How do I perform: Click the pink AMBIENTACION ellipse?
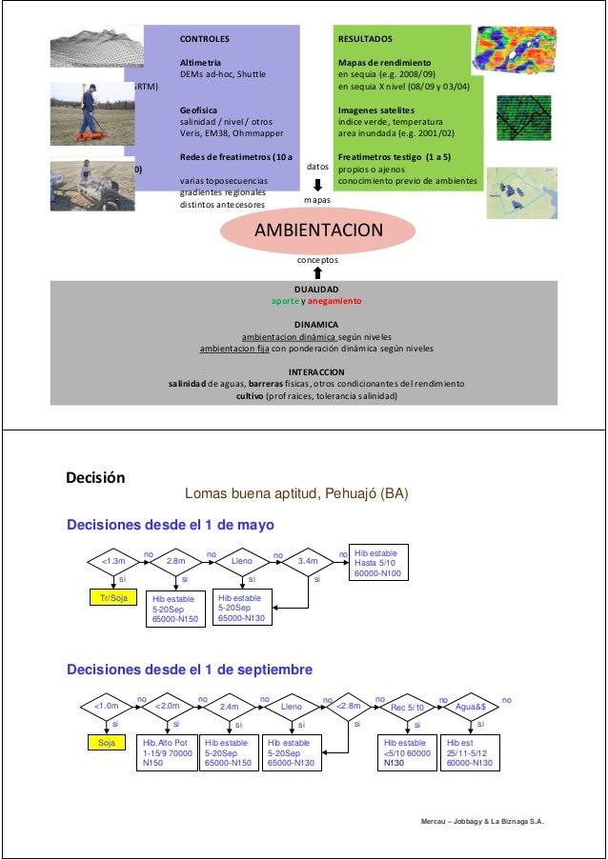pos(317,231)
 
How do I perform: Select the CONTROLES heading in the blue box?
pos(205,40)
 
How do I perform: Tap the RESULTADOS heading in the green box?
pos(364,40)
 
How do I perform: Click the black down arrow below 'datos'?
pos(317,186)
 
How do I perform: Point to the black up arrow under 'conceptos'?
pos(317,272)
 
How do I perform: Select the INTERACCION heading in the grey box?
pos(316,371)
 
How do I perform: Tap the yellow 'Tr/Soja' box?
pos(114,598)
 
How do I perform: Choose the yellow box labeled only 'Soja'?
pos(106,743)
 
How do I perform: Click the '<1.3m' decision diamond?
pos(112,562)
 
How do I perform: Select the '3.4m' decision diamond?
pos(307,562)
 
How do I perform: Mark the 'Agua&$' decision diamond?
pos(471,707)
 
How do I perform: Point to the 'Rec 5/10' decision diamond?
pos(408,707)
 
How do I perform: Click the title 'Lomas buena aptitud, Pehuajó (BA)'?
pos(283,495)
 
